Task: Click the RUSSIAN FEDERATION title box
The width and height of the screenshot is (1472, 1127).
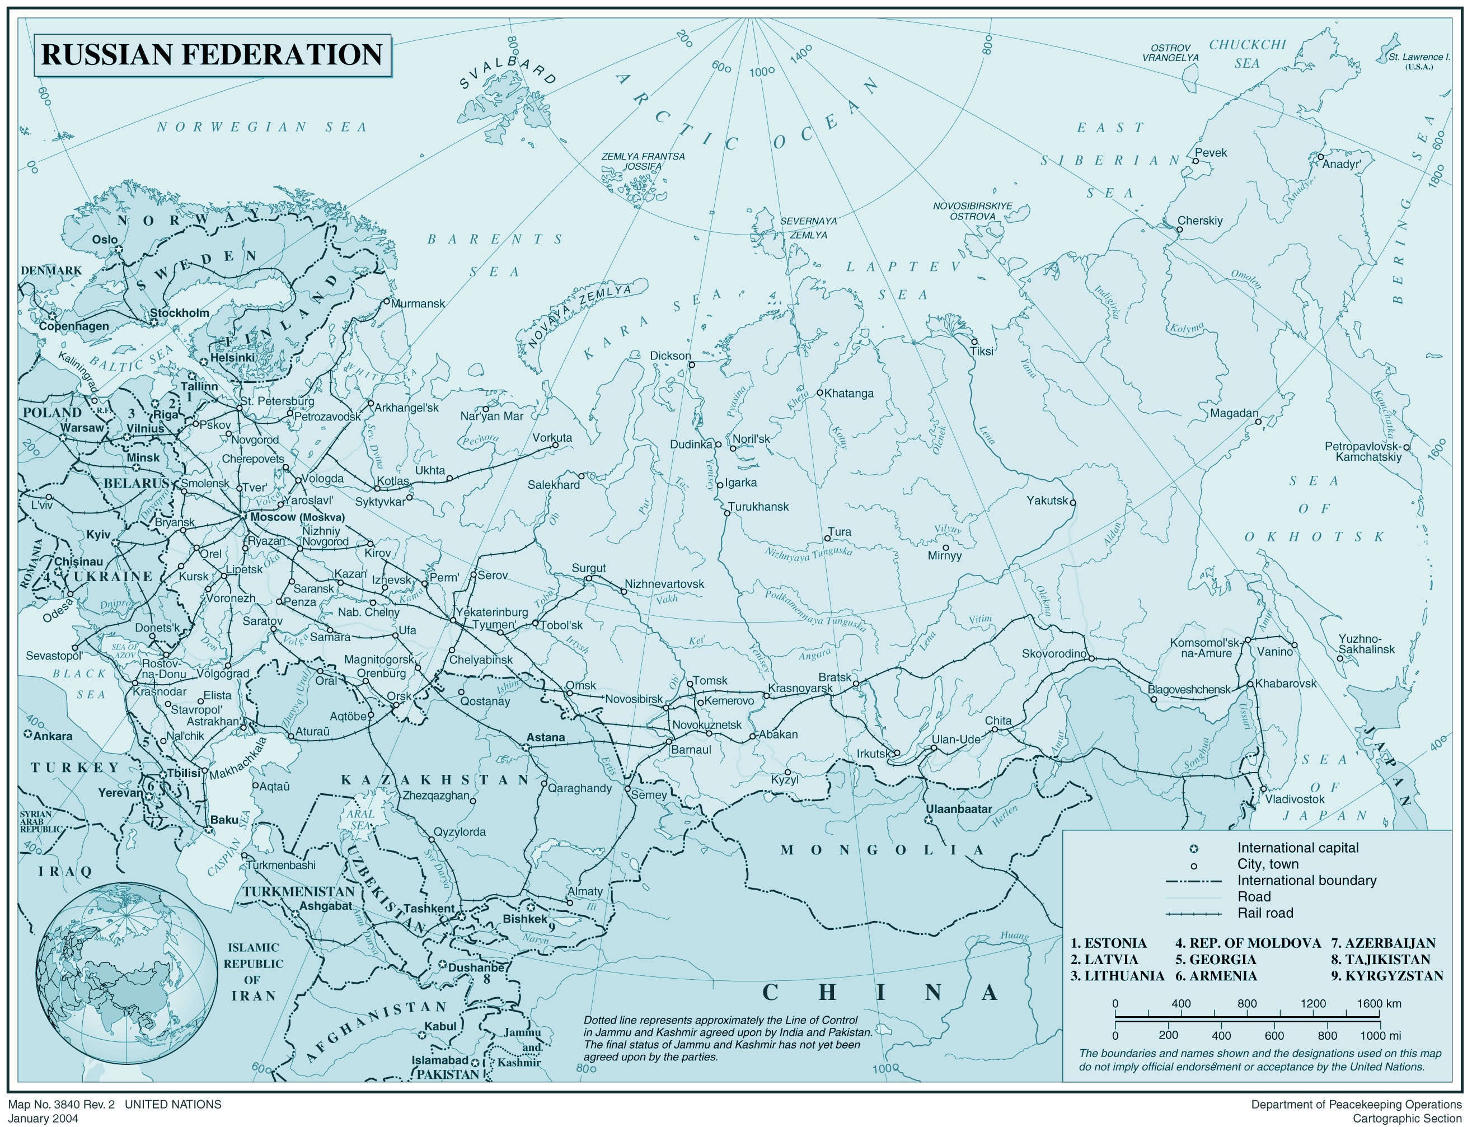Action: point(212,55)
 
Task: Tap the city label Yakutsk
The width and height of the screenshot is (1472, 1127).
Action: point(1047,501)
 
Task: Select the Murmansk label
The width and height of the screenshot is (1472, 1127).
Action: point(417,304)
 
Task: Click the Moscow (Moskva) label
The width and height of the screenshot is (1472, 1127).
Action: point(297,517)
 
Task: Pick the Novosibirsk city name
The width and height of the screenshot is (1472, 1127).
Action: point(633,699)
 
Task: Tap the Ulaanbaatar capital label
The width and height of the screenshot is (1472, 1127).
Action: point(958,809)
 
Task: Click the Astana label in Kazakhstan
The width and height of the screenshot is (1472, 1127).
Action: point(545,737)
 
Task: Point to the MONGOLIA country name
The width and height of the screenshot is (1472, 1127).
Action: point(882,850)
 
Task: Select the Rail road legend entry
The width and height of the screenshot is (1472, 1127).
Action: point(1265,913)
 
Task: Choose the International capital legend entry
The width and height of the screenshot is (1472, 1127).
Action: point(1297,848)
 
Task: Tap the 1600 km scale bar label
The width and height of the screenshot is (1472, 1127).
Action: point(1378,1004)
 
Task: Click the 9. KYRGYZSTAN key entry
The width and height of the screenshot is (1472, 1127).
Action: point(1387,976)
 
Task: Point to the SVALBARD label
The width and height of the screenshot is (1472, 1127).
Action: point(508,72)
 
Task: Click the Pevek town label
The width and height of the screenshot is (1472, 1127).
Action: point(1211,153)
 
